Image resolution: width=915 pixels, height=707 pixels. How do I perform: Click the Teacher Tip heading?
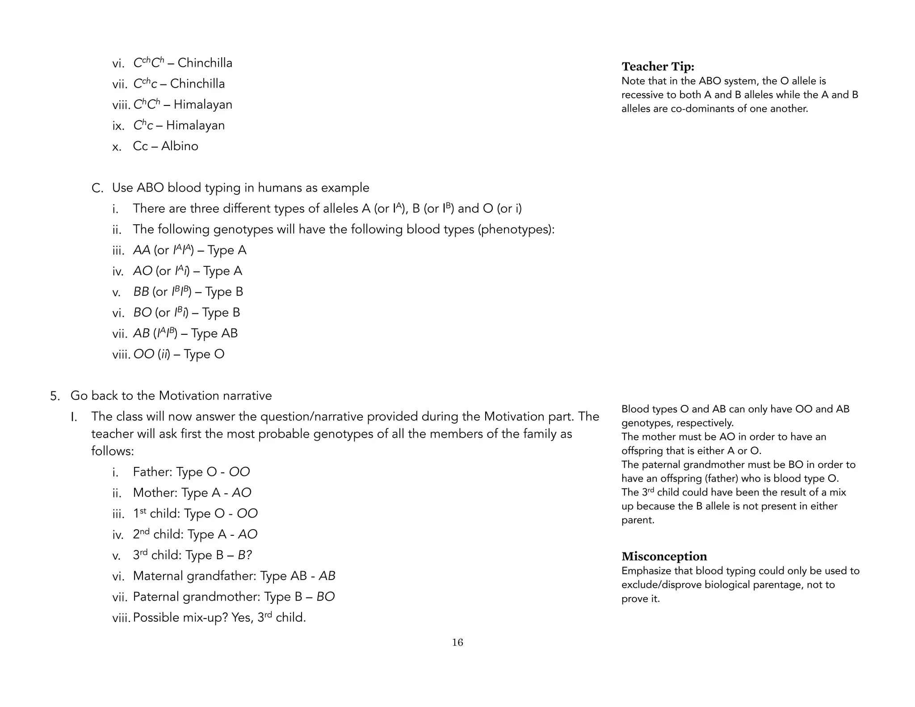coord(658,67)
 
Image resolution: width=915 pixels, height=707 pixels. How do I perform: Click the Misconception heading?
coord(664,556)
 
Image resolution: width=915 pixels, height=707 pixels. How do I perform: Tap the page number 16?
coord(457,642)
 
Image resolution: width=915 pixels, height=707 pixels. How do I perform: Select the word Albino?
coord(180,146)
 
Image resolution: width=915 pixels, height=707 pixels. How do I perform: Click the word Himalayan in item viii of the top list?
coord(203,105)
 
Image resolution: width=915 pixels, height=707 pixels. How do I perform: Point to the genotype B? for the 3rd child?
coord(245,555)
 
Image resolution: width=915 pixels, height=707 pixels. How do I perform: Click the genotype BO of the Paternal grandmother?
coord(326,597)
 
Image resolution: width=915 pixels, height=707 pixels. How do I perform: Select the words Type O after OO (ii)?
coord(204,354)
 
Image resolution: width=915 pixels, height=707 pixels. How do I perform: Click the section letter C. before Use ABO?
coord(97,188)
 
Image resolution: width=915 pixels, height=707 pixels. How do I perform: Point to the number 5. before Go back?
coord(55,396)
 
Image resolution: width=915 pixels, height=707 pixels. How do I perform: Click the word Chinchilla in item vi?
coord(205,63)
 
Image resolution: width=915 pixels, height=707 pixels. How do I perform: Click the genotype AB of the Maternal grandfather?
coord(327,576)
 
